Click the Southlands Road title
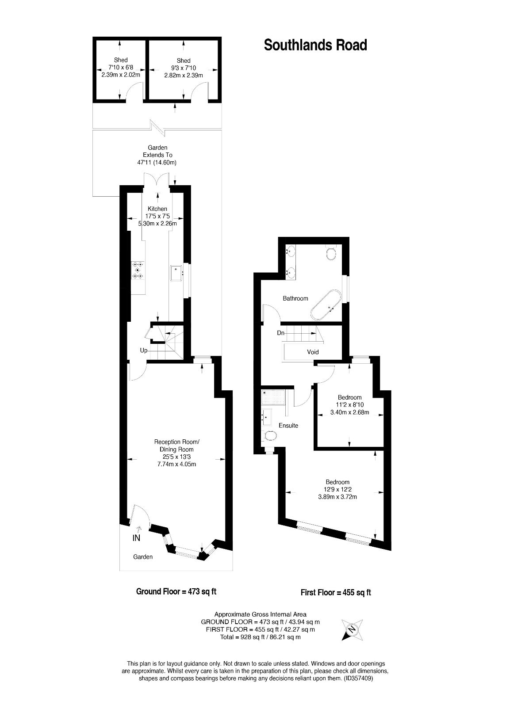tap(315, 45)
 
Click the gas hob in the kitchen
tap(138, 270)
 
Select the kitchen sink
tap(177, 273)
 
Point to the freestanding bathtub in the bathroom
tap(326, 305)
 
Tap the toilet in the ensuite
tap(270, 436)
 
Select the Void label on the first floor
tap(313, 352)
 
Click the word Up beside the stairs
tap(144, 350)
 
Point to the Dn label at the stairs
tap(280, 333)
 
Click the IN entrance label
tap(137, 538)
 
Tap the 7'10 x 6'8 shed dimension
tap(121, 68)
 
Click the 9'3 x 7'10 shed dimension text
tap(184, 68)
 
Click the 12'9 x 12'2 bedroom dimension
tap(337, 490)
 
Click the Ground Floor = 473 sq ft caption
tap(176, 591)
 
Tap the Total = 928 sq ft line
tap(260, 637)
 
